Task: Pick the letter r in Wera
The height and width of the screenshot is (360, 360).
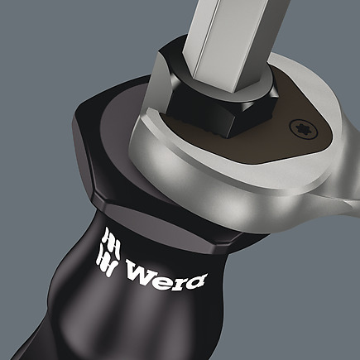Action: coord(179,279)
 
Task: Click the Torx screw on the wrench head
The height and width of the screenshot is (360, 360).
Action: coord(302,129)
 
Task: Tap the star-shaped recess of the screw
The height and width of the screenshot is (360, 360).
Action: coord(302,129)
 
